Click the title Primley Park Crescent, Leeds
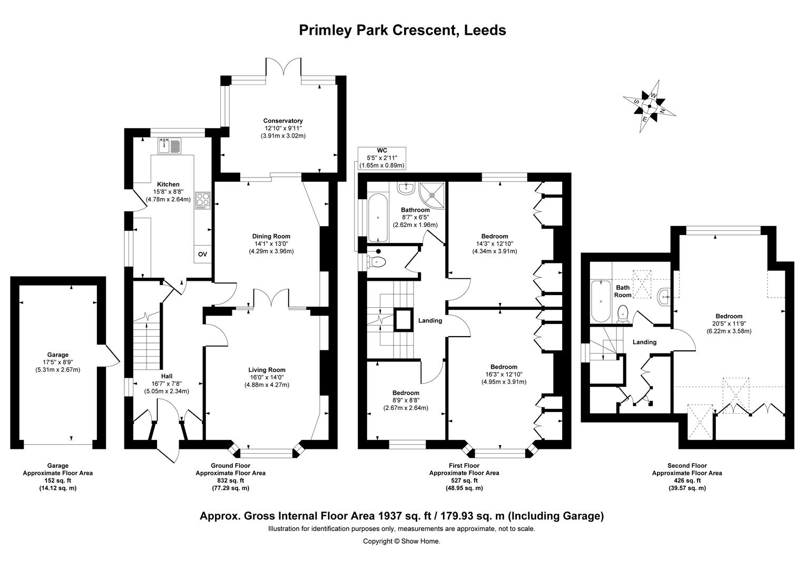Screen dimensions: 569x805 pos(402,30)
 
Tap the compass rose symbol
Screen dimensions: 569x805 pos(649,105)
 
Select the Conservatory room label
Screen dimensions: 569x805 pos(283,121)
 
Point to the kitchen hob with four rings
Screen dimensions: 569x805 pos(203,200)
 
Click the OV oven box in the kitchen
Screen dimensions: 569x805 pos(202,254)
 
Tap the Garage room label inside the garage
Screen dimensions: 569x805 pos(57,355)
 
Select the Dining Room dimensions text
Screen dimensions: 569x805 pos(271,248)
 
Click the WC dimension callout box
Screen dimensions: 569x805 pos(382,158)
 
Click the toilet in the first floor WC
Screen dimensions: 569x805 pos(378,261)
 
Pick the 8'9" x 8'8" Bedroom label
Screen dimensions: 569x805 pos(406,393)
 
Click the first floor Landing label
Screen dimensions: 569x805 pos(430,320)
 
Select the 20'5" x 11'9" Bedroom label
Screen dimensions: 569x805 pos(729,316)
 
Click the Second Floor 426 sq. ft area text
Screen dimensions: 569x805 pos(687,480)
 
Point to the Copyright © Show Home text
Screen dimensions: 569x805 pos(401,541)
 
